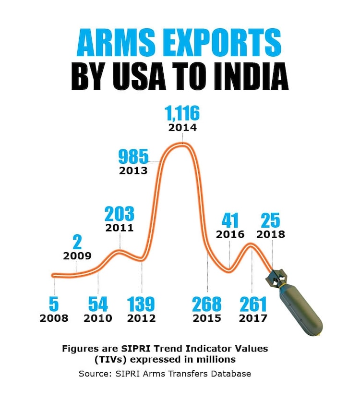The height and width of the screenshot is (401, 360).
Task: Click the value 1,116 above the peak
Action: click(x=182, y=113)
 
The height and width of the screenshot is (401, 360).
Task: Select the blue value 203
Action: click(x=120, y=214)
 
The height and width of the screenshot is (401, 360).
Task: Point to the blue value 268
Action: click(x=207, y=304)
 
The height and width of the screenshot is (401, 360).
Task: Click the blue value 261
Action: click(x=253, y=304)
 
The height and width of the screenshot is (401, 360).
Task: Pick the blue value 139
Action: click(x=141, y=304)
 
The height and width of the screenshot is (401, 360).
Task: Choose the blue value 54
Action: click(x=98, y=304)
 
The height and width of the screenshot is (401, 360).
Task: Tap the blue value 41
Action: click(x=230, y=221)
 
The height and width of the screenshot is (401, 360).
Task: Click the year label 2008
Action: click(x=54, y=318)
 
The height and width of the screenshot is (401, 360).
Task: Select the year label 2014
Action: click(x=182, y=128)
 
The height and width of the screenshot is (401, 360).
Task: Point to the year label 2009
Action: click(x=77, y=255)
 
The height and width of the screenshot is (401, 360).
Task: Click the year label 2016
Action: click(x=230, y=234)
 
